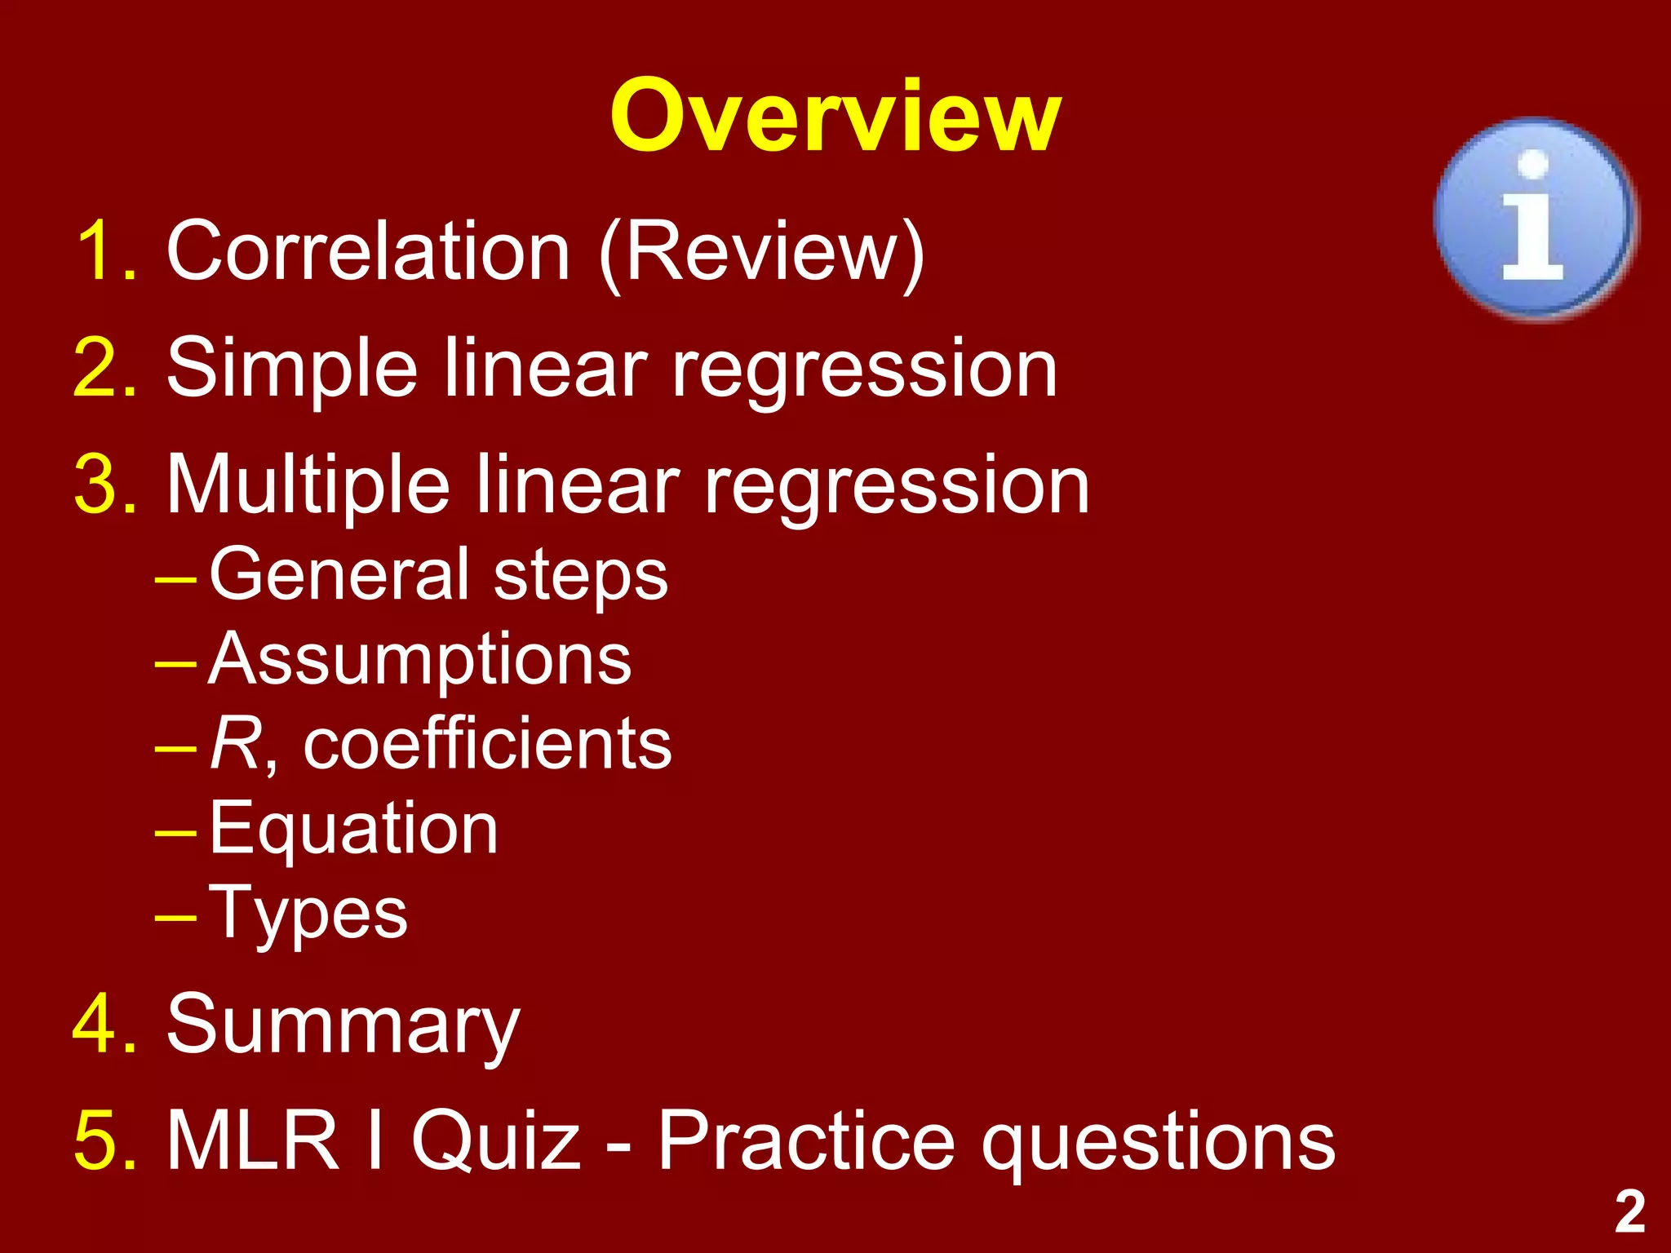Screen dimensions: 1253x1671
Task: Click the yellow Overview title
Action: tap(835, 117)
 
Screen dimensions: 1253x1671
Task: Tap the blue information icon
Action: tap(1534, 219)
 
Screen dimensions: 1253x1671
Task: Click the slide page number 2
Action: tap(1629, 1212)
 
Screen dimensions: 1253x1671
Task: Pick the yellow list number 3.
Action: tap(104, 487)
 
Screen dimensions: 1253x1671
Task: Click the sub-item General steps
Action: tap(438, 576)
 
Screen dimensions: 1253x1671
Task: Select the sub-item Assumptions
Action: tap(419, 660)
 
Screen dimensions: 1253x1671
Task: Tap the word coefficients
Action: tap(487, 745)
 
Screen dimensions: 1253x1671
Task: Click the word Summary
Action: tap(343, 1026)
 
